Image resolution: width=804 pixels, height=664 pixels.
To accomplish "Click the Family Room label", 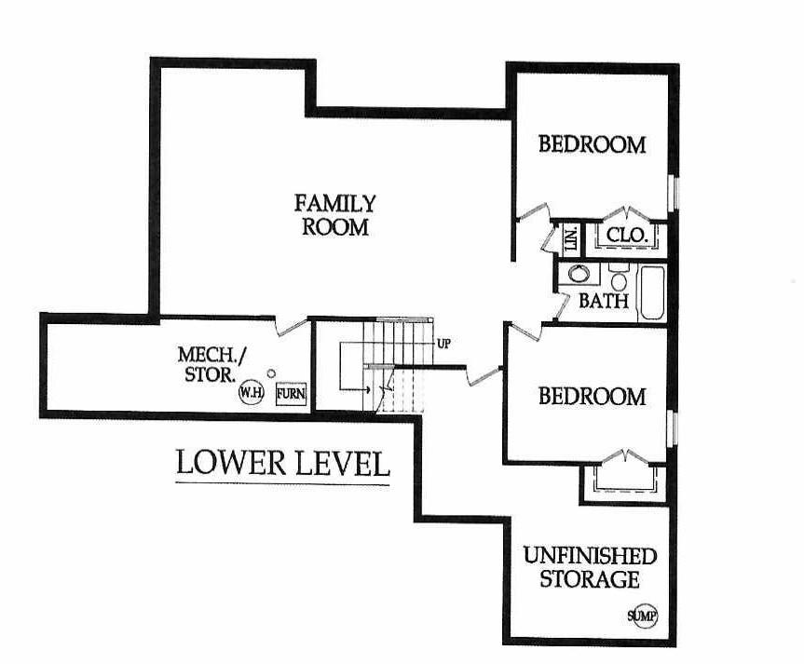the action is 334,215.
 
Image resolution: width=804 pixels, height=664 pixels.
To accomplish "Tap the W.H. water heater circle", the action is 252,393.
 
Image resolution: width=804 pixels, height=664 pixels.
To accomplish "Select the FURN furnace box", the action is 291,394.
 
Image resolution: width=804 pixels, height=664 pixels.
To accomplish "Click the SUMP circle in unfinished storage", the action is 643,616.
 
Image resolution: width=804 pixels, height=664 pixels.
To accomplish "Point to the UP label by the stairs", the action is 443,344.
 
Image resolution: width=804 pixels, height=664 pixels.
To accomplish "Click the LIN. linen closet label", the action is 571,239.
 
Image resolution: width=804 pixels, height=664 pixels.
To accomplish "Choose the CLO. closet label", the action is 627,235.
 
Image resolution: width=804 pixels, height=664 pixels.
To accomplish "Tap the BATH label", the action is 604,301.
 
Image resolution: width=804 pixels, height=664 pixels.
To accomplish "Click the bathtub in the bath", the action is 652,293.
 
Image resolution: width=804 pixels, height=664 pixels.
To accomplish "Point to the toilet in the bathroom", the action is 619,277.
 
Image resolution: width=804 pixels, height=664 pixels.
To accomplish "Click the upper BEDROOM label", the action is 593,144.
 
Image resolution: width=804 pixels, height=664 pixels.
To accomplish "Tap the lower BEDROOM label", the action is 593,397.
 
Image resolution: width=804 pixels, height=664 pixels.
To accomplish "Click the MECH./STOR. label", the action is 211,364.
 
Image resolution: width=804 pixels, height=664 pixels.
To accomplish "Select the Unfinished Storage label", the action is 590,567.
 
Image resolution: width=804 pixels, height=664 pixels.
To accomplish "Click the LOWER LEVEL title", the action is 282,463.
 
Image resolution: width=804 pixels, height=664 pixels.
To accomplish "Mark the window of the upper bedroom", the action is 675,193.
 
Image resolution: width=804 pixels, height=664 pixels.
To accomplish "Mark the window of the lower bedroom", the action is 675,427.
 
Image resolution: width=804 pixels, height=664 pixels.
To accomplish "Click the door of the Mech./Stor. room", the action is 291,327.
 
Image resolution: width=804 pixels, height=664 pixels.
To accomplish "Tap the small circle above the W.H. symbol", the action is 271,373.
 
